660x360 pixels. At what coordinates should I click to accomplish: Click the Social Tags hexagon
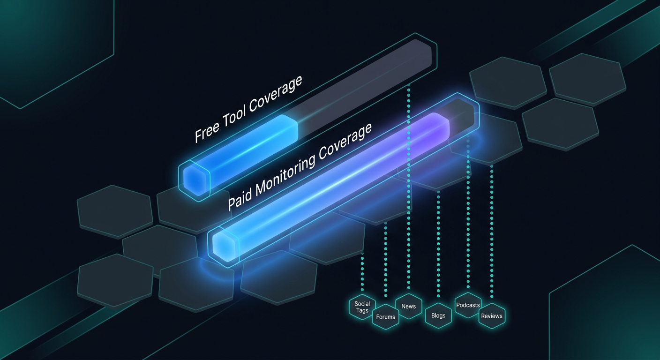[x=362, y=307]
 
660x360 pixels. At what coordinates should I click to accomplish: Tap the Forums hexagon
[x=385, y=317]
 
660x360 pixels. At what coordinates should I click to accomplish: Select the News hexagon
[x=408, y=306]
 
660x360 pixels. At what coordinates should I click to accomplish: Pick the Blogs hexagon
[x=438, y=315]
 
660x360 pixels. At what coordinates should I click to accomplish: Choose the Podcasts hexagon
[x=468, y=305]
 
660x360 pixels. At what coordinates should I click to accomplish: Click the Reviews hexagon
[x=492, y=316]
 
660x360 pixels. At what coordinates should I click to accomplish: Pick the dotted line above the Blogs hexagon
[x=438, y=244]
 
